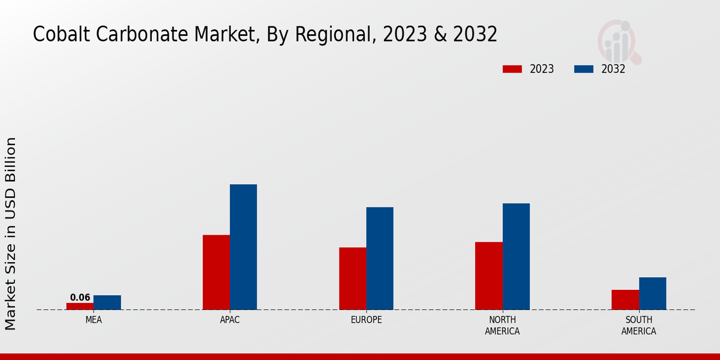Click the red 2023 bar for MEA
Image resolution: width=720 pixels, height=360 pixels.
tap(80, 306)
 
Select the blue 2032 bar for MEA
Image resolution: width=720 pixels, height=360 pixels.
tap(107, 302)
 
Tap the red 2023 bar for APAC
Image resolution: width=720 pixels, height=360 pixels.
tap(216, 272)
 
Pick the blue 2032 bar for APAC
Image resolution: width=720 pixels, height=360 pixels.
tap(243, 247)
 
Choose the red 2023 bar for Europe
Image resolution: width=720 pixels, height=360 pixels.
tap(352, 278)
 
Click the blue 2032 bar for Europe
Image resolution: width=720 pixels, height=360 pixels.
tap(380, 258)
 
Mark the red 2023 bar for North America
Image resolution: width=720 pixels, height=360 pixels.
tap(488, 275)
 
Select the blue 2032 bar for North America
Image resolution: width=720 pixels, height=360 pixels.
tap(516, 256)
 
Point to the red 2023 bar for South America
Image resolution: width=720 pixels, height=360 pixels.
tap(625, 299)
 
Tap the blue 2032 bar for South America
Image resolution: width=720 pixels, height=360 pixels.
tap(652, 293)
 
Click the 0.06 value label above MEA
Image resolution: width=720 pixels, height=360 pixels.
tap(80, 298)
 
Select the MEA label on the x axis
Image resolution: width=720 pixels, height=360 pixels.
tap(94, 320)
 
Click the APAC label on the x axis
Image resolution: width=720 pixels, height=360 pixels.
tap(230, 320)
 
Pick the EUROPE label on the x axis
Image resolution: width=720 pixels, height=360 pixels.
tap(366, 320)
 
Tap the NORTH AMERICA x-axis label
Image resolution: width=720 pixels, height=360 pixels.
tap(502, 325)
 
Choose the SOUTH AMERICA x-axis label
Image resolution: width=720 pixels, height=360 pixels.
tap(638, 325)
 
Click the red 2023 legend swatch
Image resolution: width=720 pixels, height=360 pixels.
tap(512, 69)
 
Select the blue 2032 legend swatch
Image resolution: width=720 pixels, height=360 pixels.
tap(584, 69)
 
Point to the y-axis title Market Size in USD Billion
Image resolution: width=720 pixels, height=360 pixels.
tap(11, 234)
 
